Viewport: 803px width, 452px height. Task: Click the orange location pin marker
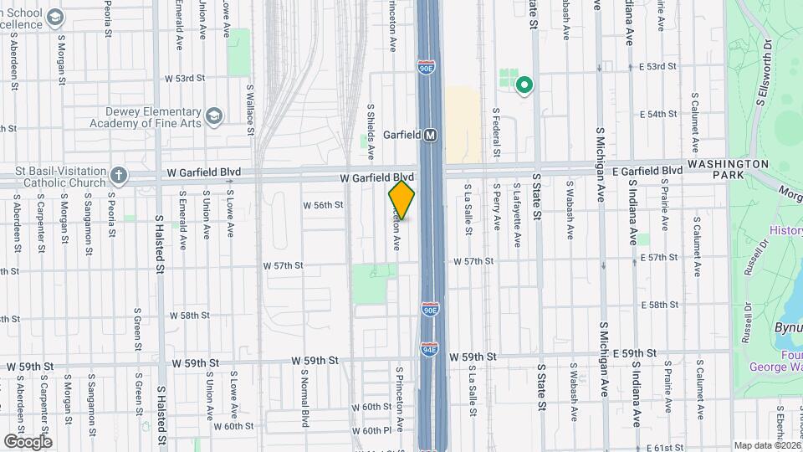click(x=401, y=199)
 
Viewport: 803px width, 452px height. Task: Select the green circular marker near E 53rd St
click(x=524, y=84)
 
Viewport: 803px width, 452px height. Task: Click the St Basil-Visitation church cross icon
click(x=119, y=176)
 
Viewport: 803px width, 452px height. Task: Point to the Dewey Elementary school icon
click(x=213, y=115)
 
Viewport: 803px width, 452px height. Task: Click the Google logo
click(x=28, y=441)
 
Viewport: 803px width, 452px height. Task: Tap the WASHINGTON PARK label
click(x=728, y=171)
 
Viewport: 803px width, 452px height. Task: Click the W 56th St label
click(x=323, y=205)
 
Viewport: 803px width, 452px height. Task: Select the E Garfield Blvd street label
click(x=647, y=170)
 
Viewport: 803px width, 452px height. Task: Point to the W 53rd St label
click(x=185, y=79)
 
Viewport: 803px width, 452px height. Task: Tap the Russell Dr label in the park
click(x=745, y=259)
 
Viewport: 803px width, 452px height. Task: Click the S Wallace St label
click(x=249, y=105)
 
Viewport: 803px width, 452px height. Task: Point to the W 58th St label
click(x=188, y=316)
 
